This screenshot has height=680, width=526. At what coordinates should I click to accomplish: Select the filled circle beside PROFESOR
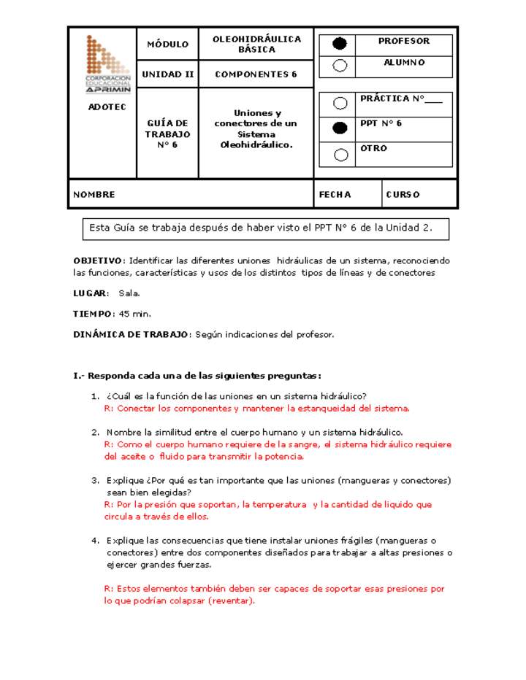pyautogui.click(x=340, y=44)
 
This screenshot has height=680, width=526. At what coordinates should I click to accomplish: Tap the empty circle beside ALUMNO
pyautogui.click(x=340, y=66)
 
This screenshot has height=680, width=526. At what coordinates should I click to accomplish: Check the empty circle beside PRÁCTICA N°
pyautogui.click(x=340, y=103)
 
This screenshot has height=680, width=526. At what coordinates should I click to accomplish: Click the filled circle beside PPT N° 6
pyautogui.click(x=340, y=128)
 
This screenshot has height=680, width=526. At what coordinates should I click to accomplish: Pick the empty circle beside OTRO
pyautogui.click(x=340, y=154)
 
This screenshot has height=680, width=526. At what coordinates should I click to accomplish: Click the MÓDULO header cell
pyautogui.click(x=167, y=45)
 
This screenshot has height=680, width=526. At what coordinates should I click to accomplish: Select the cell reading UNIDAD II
pyautogui.click(x=167, y=74)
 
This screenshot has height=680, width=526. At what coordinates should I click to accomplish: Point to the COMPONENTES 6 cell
pyautogui.click(x=256, y=74)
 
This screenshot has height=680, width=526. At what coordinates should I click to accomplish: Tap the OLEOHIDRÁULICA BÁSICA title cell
pyautogui.click(x=256, y=45)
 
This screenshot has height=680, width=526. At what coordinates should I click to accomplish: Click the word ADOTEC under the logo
pyautogui.click(x=107, y=107)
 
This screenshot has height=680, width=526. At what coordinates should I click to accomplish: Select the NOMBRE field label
pyautogui.click(x=94, y=195)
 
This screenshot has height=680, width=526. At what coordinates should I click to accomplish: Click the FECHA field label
pyautogui.click(x=335, y=195)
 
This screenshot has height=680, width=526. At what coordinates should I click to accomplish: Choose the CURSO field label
pyautogui.click(x=403, y=195)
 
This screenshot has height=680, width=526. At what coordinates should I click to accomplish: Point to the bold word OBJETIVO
pyautogui.click(x=98, y=260)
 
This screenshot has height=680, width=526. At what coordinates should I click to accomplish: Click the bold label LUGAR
pyautogui.click(x=90, y=293)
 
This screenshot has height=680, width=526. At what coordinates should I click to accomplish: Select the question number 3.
pyautogui.click(x=95, y=481)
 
